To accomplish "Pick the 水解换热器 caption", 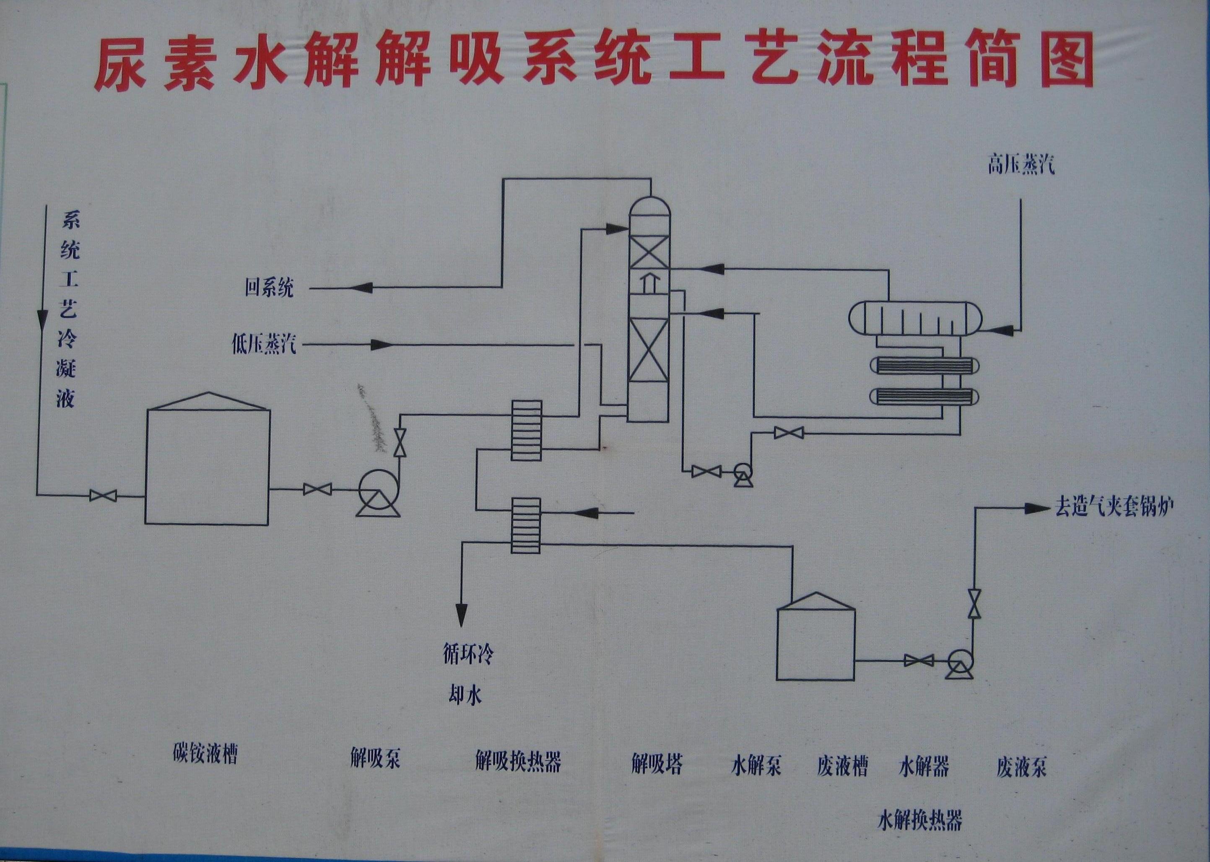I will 920,820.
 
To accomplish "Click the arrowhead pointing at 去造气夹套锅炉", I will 1035,509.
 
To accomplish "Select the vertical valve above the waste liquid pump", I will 974,603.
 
